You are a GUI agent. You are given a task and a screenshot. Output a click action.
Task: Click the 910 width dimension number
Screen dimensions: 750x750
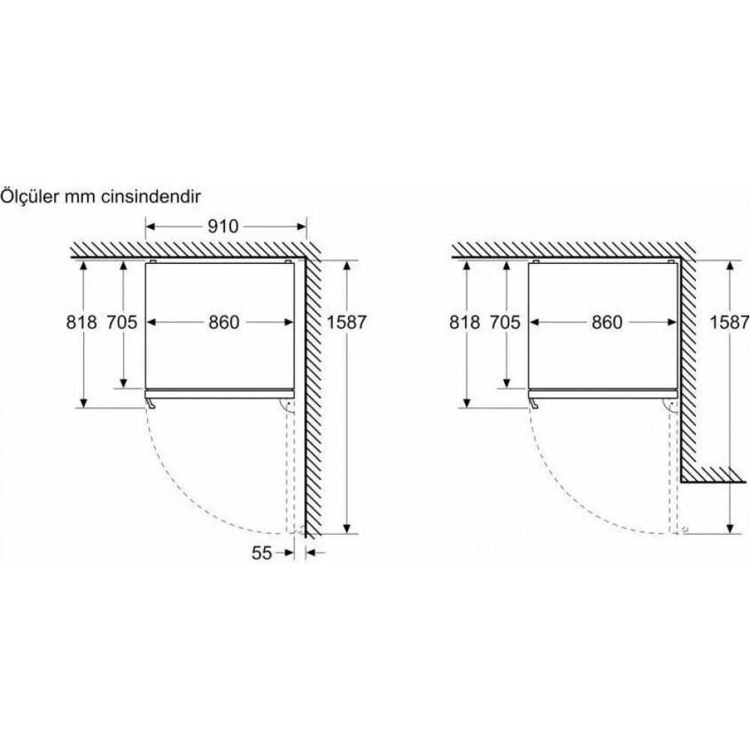point(223,226)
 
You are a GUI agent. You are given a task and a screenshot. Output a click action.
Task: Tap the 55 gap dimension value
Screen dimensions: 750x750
point(262,553)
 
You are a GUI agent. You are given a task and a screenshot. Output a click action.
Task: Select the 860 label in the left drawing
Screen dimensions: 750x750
point(223,322)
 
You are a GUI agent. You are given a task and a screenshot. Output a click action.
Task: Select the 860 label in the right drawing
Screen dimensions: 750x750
point(607,322)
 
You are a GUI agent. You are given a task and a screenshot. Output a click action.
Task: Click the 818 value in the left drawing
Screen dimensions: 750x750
point(81,322)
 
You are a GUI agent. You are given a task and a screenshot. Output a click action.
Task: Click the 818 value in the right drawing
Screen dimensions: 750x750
point(464,322)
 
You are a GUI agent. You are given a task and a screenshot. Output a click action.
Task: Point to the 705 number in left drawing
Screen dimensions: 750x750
point(121,322)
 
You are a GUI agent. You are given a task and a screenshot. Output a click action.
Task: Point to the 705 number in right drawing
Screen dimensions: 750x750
point(505,322)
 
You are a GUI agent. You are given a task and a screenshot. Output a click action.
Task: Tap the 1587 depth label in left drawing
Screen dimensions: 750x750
point(346,322)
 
